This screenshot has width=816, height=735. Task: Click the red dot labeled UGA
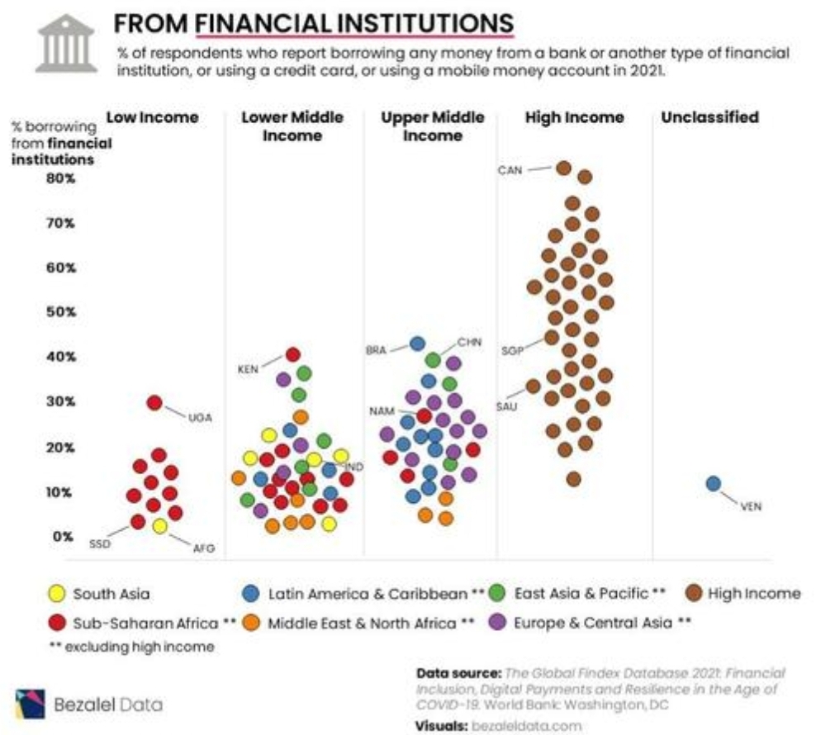point(154,402)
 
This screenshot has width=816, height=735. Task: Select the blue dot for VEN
point(714,483)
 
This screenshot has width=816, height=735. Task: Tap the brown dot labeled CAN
point(563,168)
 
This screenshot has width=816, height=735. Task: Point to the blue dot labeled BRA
point(417,344)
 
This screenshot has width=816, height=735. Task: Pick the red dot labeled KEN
point(292,354)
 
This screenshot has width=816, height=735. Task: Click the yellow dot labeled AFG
point(159,526)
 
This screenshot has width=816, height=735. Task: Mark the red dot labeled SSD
point(137,521)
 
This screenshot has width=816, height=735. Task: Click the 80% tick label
point(61,178)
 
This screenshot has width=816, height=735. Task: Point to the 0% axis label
point(64,536)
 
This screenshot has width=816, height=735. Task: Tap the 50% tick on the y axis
point(61,312)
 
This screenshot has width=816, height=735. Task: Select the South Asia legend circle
point(55,593)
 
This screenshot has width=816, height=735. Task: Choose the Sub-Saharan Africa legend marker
point(55,622)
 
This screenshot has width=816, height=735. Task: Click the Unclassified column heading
point(709,117)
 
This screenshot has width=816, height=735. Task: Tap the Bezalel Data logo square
point(31,703)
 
